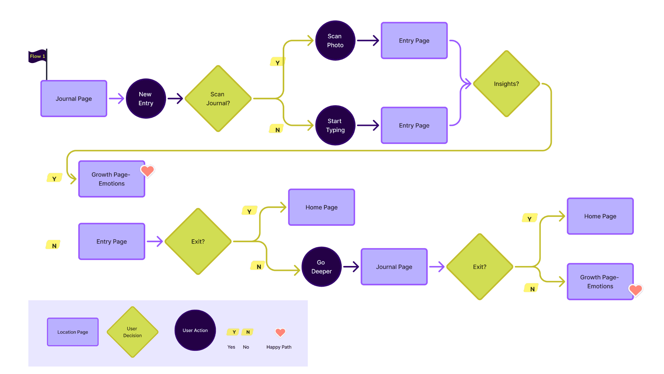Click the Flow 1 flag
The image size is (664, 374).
(37, 56)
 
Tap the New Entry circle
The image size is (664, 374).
(146, 99)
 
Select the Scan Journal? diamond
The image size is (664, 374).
(218, 99)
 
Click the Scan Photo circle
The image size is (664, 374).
(335, 41)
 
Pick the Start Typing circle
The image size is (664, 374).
(335, 125)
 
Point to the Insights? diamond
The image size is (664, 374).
(506, 84)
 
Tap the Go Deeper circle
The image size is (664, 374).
(321, 267)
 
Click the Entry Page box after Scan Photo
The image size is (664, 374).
(414, 41)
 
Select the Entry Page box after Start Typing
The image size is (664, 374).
(414, 125)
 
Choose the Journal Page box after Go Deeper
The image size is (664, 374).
(394, 267)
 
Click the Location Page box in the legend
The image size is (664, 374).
(73, 332)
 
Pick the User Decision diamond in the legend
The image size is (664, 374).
(132, 332)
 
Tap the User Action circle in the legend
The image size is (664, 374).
(195, 330)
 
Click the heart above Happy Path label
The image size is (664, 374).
(280, 332)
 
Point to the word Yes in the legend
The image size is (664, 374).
(231, 347)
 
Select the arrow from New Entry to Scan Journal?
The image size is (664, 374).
(175, 99)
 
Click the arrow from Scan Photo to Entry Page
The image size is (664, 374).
(368, 41)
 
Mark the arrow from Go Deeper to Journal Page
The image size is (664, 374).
(351, 267)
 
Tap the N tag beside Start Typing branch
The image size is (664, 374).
(277, 129)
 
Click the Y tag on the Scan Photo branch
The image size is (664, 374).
(277, 62)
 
